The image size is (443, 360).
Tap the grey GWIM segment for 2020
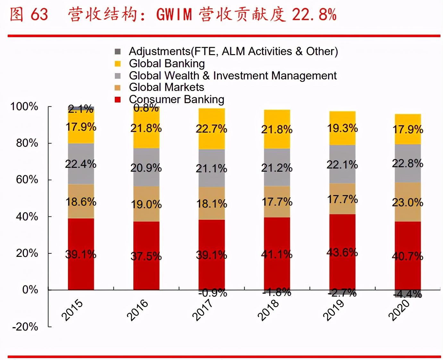[408, 173]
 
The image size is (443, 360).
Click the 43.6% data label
[342, 252]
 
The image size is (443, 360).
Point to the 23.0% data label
[407, 202]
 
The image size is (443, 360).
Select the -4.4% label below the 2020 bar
[408, 294]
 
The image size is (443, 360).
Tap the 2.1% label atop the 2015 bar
[80, 109]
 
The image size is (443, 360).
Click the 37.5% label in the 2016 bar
[146, 256]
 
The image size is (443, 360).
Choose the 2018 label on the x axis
[268, 310]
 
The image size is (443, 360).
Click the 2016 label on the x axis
[138, 310]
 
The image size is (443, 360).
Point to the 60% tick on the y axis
[27, 180]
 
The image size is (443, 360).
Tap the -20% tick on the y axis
[25, 327]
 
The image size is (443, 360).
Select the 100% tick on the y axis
[24, 106]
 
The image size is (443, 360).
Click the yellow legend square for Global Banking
[118, 64]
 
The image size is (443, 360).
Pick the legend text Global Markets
[166, 87]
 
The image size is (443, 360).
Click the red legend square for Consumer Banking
[118, 100]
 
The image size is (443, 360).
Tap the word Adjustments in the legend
[160, 51]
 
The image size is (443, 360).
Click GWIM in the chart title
[174, 14]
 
